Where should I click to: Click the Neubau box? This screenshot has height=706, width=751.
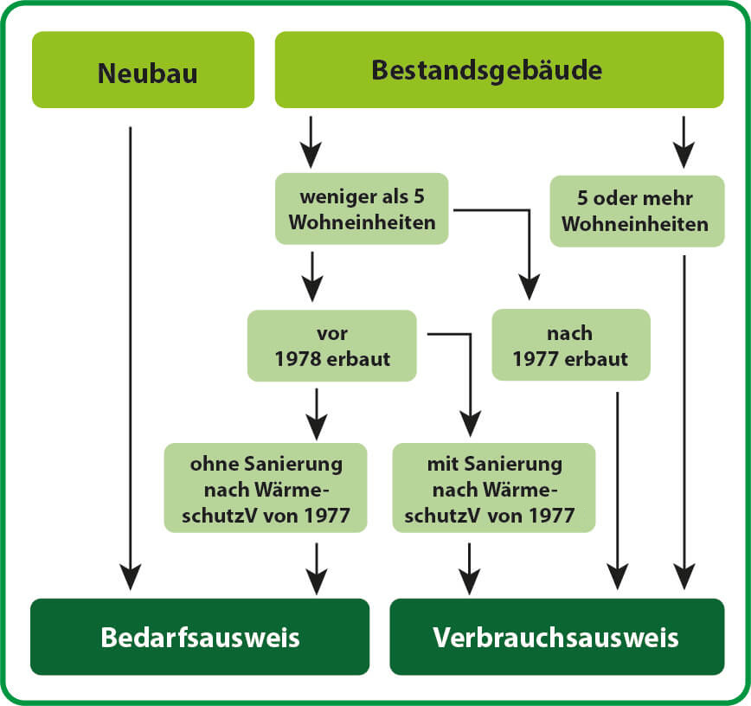coord(144,70)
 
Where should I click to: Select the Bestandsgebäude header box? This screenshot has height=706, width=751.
coord(499,70)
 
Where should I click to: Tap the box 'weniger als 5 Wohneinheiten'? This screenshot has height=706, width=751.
coord(362,209)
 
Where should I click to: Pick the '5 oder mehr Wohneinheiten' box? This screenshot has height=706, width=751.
coord(637,211)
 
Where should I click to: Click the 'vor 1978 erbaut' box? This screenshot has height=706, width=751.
coord(332,346)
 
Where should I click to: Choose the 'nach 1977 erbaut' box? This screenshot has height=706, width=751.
coord(571,345)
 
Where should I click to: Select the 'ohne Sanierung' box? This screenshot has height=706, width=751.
coord(266,488)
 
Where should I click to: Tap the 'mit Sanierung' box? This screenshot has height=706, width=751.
coord(494,488)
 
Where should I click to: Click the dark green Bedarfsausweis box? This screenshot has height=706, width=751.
coord(200,637)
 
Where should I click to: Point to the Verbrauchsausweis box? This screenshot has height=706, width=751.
coord(557,637)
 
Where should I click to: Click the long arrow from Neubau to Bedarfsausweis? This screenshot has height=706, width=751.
coord(131,359)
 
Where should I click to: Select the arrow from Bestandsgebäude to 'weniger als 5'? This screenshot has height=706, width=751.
coord(311,142)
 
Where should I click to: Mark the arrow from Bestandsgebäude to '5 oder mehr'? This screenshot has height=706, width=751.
coord(684,142)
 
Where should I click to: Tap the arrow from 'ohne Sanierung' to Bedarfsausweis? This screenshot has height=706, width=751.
coord(317,569)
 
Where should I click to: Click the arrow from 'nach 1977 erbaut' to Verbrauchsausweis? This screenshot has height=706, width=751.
coord(618,491)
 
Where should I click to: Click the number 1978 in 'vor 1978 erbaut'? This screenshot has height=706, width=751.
coord(294,359)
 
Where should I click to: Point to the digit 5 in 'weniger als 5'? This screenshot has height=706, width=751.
coord(419,196)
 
